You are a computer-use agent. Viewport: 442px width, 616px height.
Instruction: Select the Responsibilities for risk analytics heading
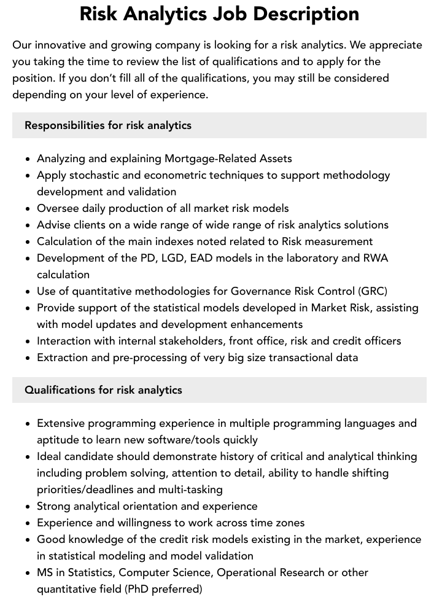(x=108, y=125)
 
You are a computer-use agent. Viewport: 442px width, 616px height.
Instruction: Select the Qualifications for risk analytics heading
(x=103, y=390)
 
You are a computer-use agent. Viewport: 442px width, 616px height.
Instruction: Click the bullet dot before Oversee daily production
(x=28, y=209)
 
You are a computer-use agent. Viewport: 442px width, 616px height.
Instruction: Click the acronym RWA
(x=375, y=258)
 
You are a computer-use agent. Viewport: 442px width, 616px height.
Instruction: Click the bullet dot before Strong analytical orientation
(x=28, y=507)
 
